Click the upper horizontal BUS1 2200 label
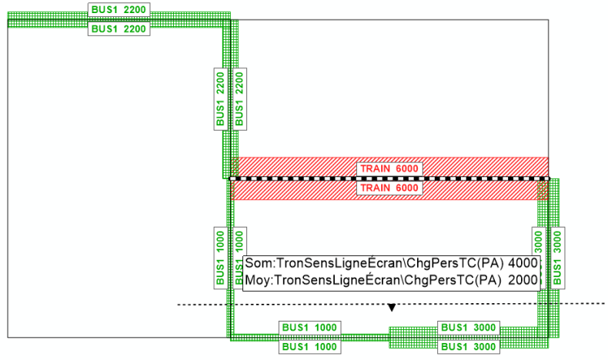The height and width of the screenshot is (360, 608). [119, 10]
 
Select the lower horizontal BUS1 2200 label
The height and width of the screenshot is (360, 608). [119, 29]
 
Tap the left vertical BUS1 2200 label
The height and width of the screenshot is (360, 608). [221, 98]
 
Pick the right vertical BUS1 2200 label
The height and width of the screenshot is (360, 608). [239, 98]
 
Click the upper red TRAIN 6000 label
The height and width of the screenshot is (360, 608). [389, 168]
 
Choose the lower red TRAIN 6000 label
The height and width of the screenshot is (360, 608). [389, 188]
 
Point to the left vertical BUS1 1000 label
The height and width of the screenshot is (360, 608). [221, 256]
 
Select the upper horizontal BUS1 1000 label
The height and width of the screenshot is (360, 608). [309, 328]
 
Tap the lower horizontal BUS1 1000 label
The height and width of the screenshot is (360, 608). [309, 347]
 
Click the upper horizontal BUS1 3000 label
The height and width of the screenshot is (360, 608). [468, 328]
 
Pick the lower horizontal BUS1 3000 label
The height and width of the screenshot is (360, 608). [468, 347]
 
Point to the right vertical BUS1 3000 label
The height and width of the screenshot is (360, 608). [557, 256]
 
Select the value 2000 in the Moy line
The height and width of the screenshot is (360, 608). [523, 279]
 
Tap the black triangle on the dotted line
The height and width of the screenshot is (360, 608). [392, 308]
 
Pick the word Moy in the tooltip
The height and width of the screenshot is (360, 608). [257, 279]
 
